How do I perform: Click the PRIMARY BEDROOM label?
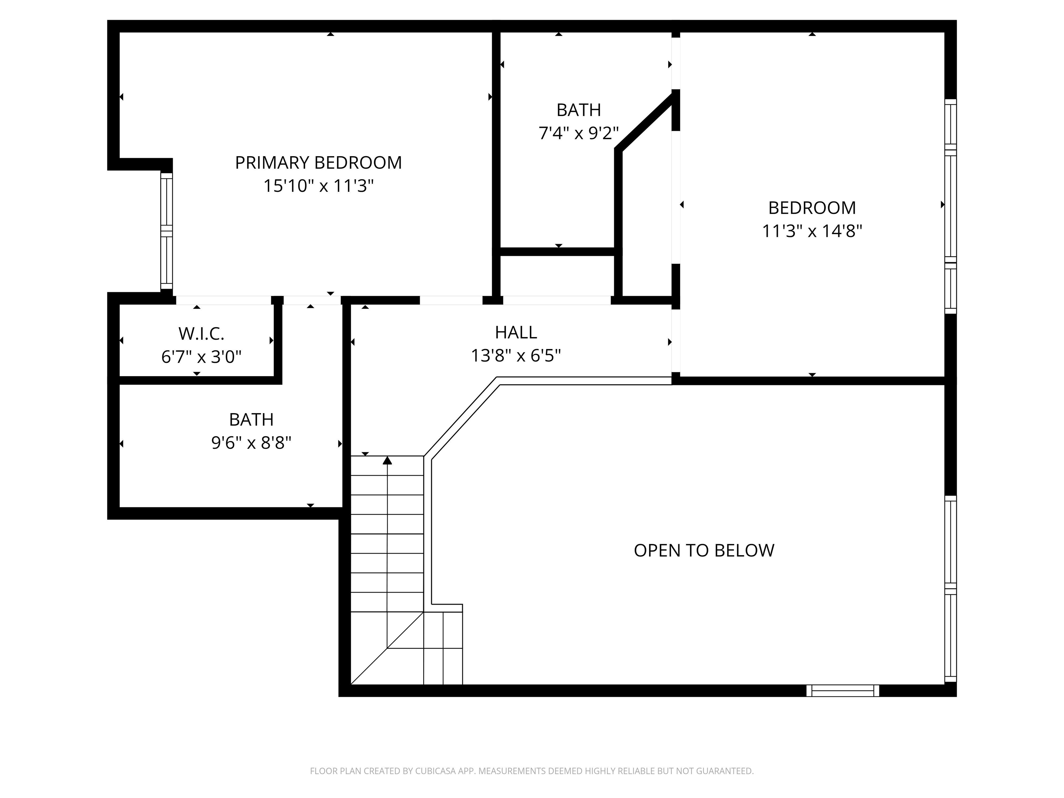[x=318, y=163]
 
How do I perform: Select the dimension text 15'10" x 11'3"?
[x=318, y=186]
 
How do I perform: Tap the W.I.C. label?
[x=201, y=333]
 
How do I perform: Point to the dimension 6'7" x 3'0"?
[x=201, y=357]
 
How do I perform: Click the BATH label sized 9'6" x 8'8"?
[x=251, y=419]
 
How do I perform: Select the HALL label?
[x=516, y=332]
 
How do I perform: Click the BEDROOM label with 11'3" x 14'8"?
[x=812, y=208]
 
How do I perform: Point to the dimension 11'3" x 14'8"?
[x=812, y=231]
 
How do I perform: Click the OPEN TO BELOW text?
[x=704, y=550]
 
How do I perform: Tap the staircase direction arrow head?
[x=387, y=461]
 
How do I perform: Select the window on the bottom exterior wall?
[x=842, y=690]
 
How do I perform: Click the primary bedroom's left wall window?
[x=167, y=231]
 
